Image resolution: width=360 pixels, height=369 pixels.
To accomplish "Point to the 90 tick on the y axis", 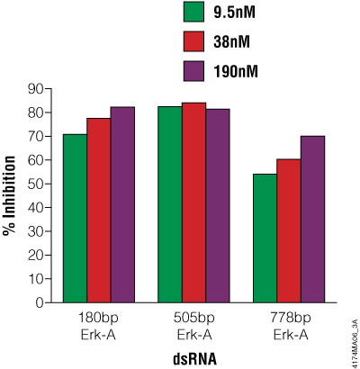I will [x=36, y=88].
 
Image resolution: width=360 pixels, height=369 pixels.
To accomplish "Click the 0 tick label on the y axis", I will [x=40, y=302].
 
